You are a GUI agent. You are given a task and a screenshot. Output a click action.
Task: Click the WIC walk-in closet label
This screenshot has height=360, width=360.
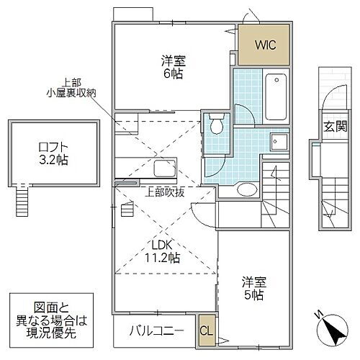[x=264, y=44]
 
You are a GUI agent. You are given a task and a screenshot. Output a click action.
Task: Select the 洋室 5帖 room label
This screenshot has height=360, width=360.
[x=253, y=287]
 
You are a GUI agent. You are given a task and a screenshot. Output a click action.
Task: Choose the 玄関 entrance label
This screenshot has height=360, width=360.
[x=332, y=127]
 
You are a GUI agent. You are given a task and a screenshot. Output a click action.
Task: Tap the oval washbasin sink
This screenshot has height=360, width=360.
[x=246, y=189]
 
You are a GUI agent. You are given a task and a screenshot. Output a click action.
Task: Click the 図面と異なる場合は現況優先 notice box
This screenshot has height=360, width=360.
[x=47, y=318]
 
